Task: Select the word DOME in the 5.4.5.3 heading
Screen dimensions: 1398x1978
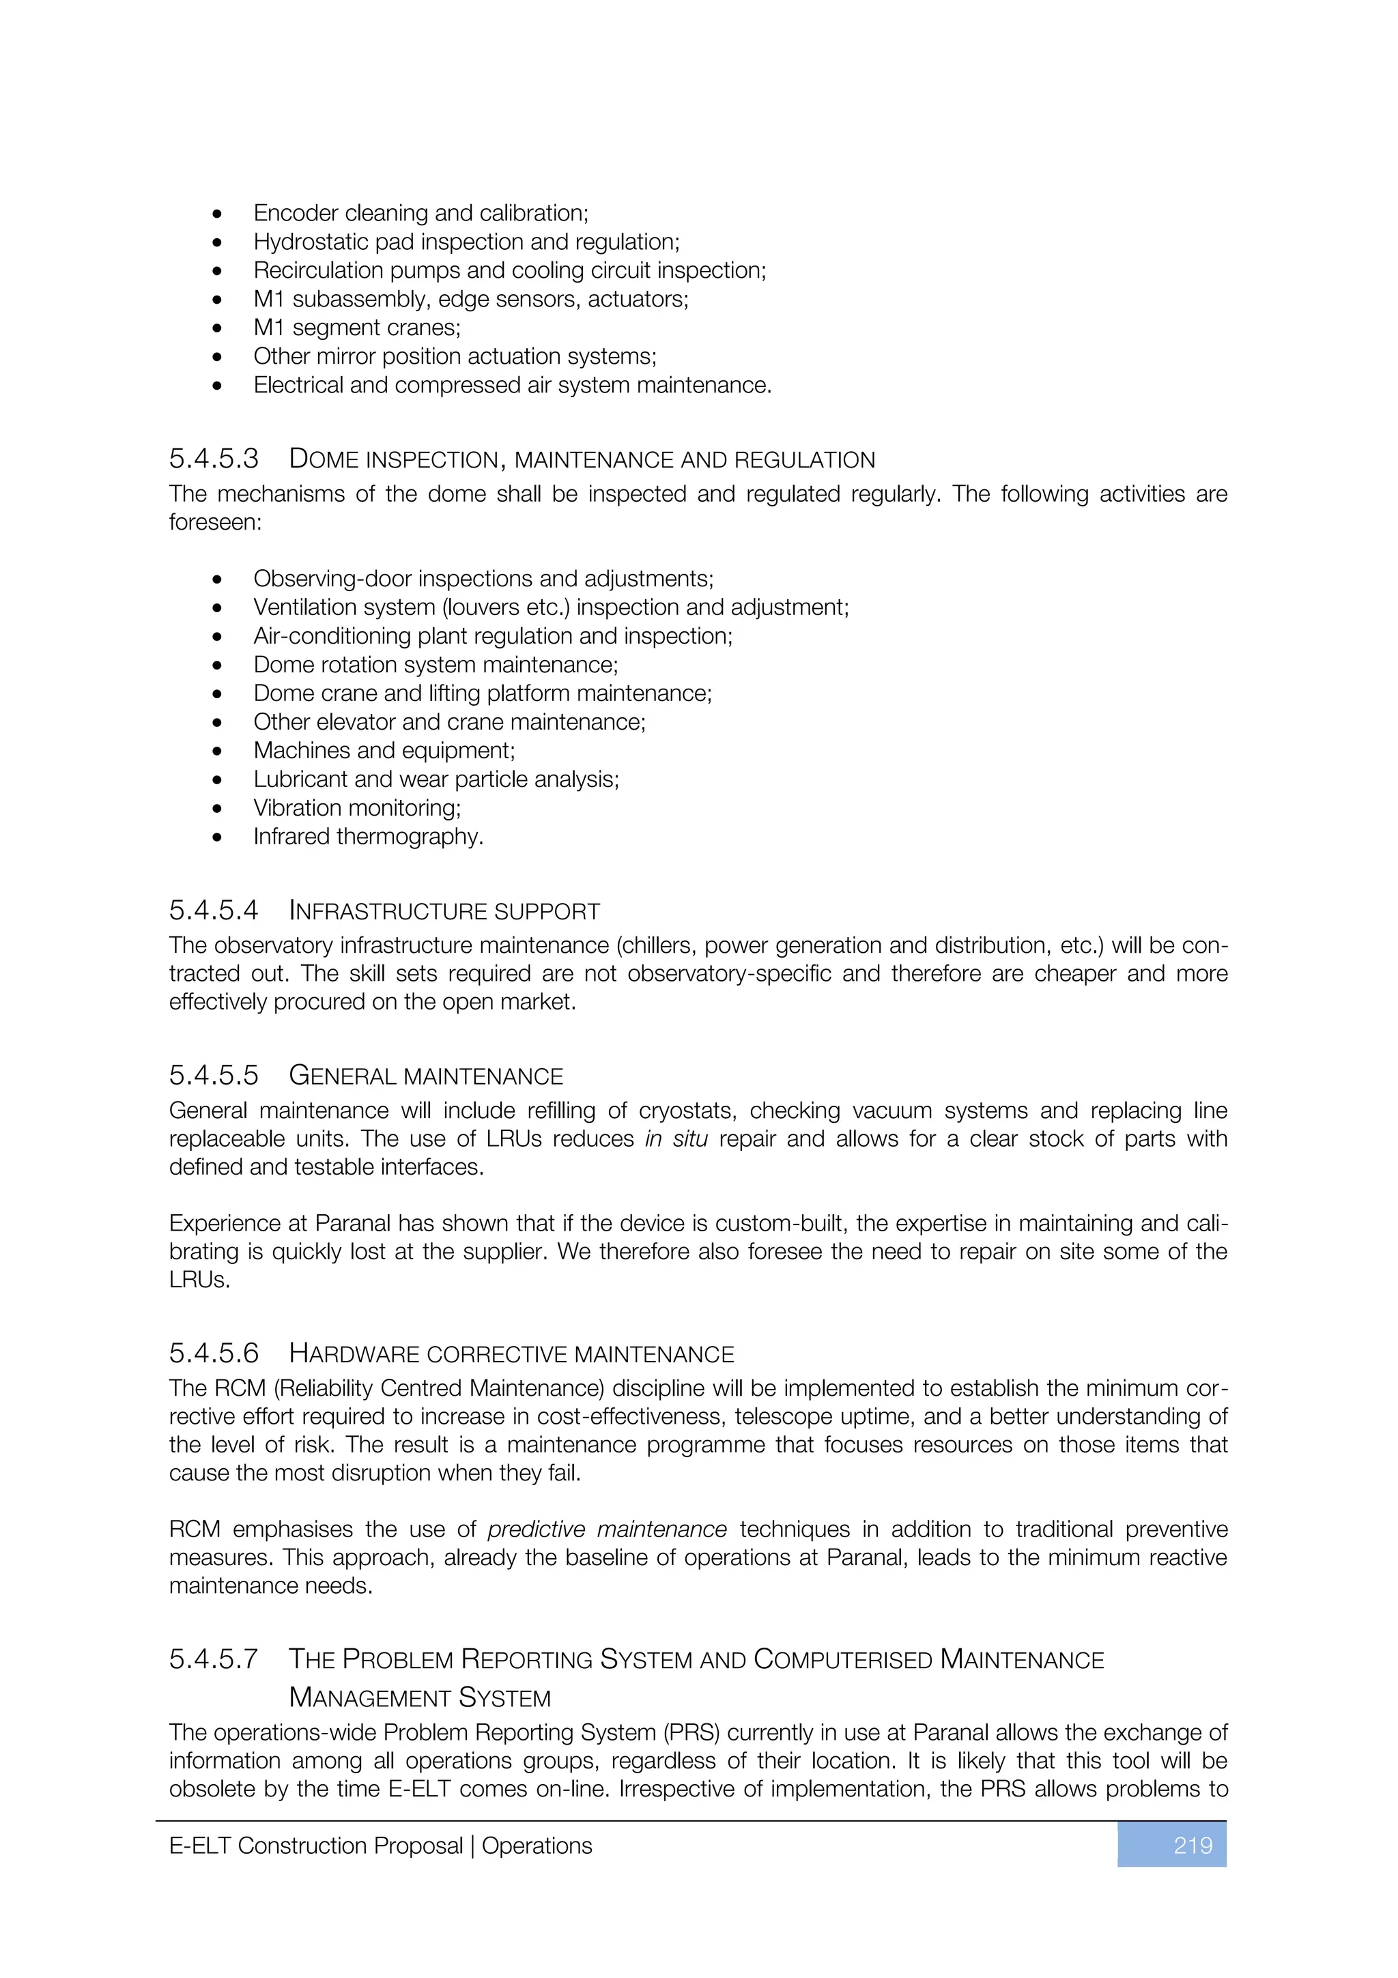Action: coord(322,459)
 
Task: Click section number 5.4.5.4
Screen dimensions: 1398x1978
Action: coord(214,911)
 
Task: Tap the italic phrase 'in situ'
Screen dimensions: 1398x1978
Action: coord(676,1139)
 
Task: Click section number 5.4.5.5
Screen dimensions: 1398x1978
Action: coord(214,1076)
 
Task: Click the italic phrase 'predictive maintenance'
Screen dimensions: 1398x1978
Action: coord(608,1529)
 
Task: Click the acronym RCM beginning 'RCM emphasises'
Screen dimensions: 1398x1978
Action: coord(195,1529)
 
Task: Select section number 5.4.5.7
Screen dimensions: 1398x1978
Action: coord(214,1659)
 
